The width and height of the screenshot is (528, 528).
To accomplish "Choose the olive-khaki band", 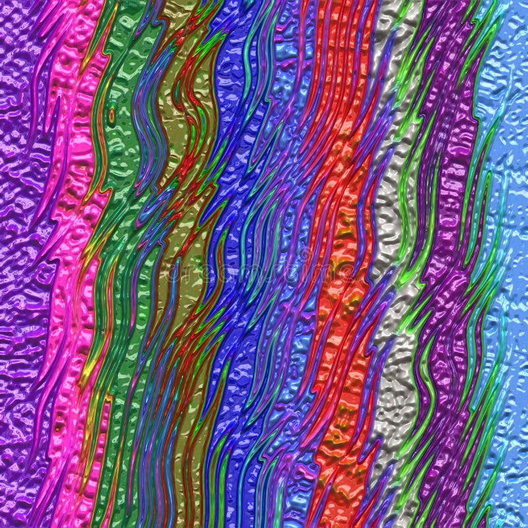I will point(181,132).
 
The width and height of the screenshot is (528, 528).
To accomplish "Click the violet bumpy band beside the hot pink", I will point(23,198).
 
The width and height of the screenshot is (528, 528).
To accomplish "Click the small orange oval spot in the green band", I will point(112,115).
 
